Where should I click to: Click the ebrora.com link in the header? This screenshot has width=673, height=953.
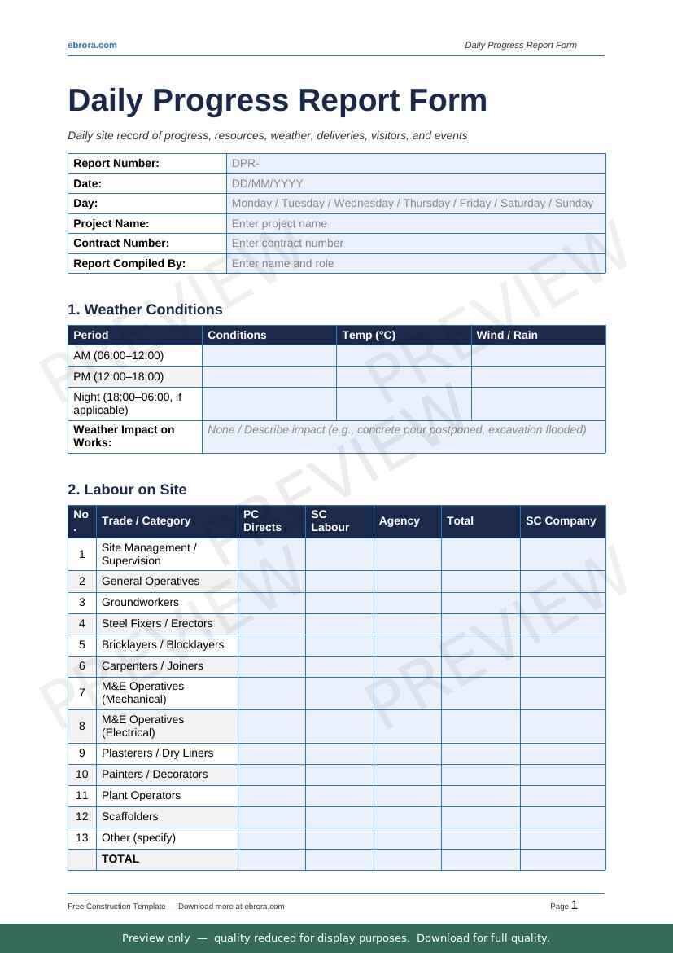click(x=92, y=45)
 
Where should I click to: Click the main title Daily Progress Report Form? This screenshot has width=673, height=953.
click(x=278, y=101)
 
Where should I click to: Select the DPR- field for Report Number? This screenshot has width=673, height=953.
click(x=416, y=163)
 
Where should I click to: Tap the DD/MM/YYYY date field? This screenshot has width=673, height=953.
click(x=416, y=183)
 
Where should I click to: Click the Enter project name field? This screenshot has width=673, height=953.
click(x=416, y=223)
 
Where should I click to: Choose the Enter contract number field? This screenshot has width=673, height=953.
click(x=416, y=243)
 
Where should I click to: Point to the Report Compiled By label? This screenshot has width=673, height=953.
click(x=129, y=263)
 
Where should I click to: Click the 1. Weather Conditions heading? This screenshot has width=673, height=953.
click(x=145, y=310)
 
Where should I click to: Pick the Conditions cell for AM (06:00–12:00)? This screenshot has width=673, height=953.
click(x=269, y=356)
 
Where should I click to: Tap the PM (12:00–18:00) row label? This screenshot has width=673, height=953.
click(x=119, y=376)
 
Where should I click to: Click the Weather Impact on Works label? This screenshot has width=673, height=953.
click(x=124, y=436)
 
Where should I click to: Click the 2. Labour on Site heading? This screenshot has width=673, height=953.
click(x=127, y=490)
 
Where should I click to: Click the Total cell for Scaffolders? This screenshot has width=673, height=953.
click(x=480, y=816)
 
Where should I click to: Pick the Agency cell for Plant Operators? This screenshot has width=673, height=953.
click(x=407, y=795)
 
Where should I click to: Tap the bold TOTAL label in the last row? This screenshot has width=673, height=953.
click(x=120, y=859)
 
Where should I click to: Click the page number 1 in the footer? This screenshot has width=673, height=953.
click(x=575, y=905)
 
